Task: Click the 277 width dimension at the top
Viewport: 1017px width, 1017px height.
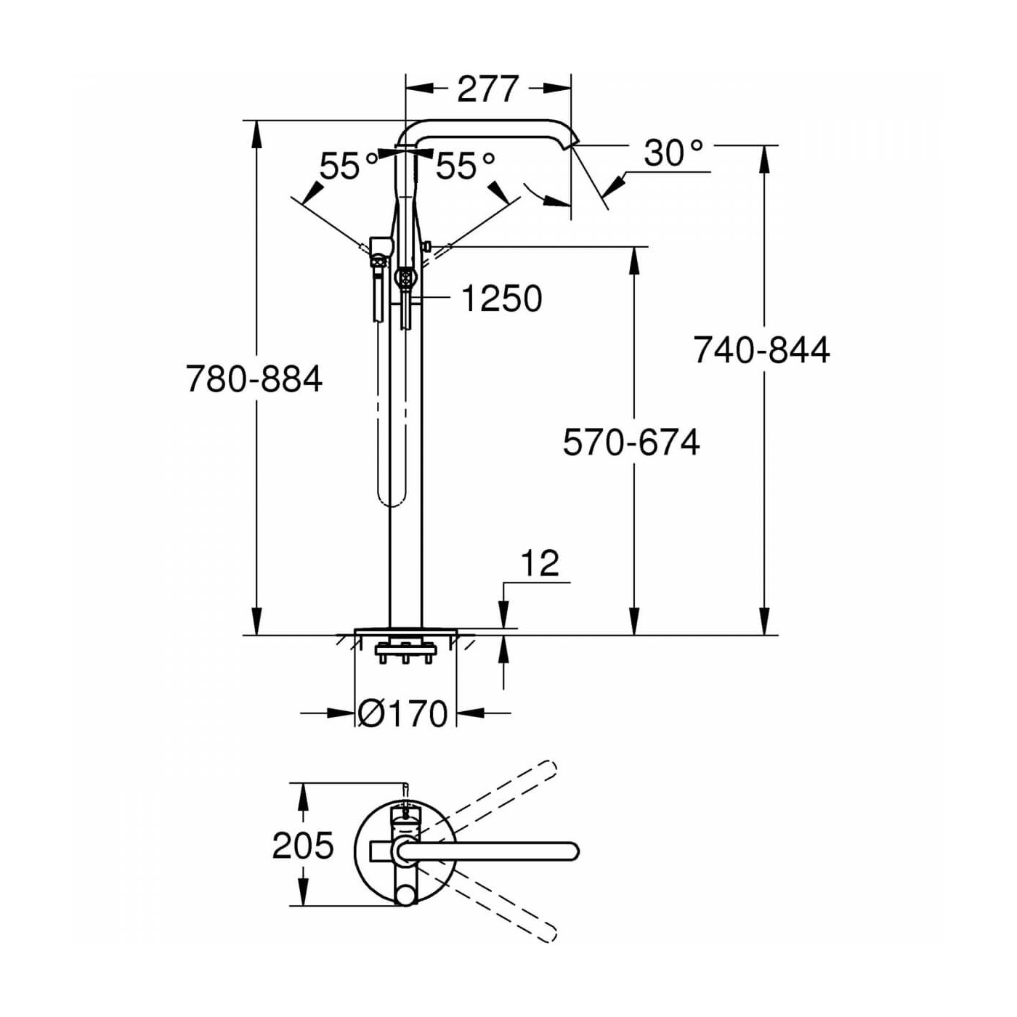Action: click(x=487, y=89)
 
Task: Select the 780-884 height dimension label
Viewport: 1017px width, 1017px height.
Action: click(x=254, y=379)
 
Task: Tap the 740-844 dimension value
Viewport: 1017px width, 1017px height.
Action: click(x=761, y=350)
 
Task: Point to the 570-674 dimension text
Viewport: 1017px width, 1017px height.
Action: click(x=631, y=442)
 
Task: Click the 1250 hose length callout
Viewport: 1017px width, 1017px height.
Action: click(x=502, y=299)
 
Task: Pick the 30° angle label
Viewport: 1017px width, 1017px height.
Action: click(x=673, y=153)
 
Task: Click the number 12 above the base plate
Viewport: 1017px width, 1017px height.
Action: click(x=540, y=564)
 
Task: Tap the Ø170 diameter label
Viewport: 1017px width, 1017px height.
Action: click(x=403, y=714)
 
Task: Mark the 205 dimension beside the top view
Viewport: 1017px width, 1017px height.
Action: click(x=303, y=846)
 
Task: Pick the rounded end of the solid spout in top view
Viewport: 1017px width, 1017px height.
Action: click(x=571, y=851)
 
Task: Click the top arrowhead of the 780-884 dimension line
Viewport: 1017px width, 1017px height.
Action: click(x=256, y=131)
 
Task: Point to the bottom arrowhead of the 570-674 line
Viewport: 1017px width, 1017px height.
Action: click(x=634, y=625)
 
